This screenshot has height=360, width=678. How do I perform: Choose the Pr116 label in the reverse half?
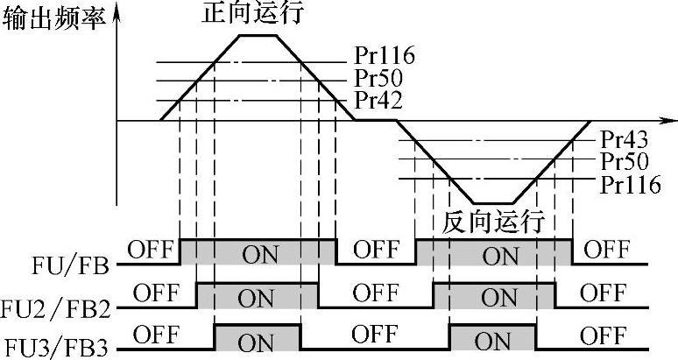tap(631, 185)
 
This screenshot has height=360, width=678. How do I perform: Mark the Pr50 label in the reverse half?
tap(625, 161)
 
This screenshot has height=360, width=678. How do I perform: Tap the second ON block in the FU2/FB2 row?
tap(493, 295)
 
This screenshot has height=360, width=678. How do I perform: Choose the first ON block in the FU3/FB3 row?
tap(258, 337)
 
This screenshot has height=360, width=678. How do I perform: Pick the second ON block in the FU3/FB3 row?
tap(493, 337)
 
